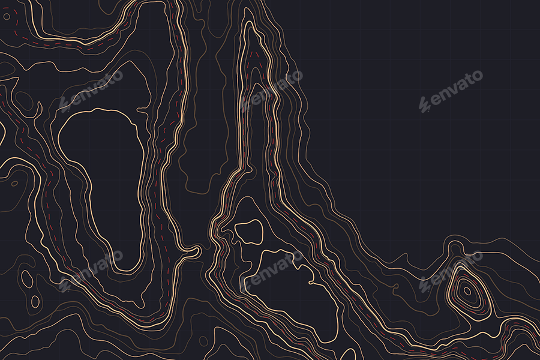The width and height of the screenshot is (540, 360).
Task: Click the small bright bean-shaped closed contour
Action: pos(248,231)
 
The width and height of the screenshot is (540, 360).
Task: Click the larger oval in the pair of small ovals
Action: pos(27,277)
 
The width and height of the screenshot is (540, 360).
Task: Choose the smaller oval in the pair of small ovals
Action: pos(35,301)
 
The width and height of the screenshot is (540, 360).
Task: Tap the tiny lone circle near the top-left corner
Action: pos(7,17)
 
